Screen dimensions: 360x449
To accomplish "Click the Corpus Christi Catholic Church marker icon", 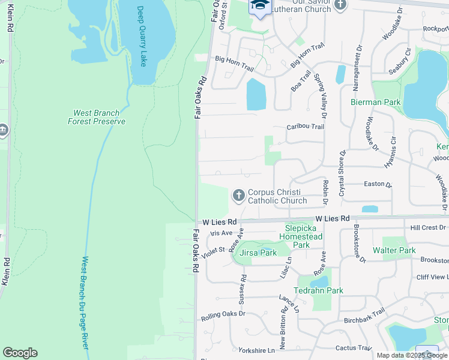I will (x=238, y=195).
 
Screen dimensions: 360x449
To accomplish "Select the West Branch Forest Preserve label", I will (x=96, y=117).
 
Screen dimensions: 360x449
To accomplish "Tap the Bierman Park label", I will (x=376, y=102).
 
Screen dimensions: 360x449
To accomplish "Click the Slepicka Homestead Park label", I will (x=303, y=236).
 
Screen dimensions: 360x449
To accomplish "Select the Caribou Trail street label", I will (x=305, y=127).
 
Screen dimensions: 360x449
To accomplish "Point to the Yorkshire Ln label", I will (x=256, y=350).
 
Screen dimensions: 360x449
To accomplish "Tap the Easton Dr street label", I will (x=377, y=185).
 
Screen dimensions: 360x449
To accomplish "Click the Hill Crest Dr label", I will (x=428, y=228).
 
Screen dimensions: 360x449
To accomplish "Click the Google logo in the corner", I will (x=20, y=353).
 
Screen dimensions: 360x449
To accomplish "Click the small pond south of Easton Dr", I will (x=370, y=209).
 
